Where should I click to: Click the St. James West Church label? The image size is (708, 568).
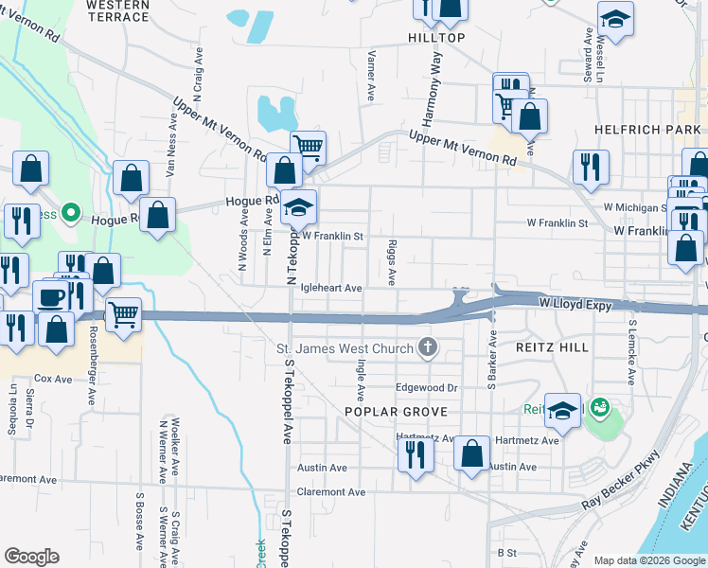point(345,348)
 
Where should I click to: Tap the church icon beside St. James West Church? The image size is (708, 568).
point(428,347)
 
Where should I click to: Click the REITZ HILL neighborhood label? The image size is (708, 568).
point(552,347)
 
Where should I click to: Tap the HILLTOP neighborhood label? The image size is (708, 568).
point(436,37)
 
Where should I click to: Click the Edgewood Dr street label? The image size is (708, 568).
point(426,388)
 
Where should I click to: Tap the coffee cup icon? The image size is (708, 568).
point(51,297)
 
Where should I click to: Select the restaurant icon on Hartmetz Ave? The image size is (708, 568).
point(416,454)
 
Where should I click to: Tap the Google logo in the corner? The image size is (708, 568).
point(31,557)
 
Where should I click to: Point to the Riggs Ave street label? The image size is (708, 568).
point(391,263)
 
